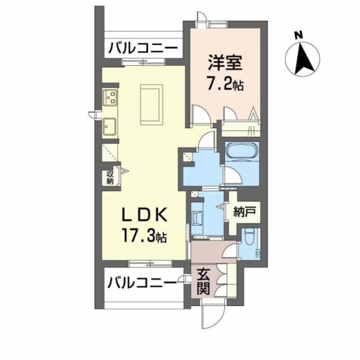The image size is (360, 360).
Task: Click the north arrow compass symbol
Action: (303, 59)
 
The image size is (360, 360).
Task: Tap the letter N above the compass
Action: (300, 36)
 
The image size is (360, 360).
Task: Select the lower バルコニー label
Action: (142, 282)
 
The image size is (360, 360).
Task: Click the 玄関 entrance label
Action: (203, 281)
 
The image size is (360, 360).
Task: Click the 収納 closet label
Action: (109, 177)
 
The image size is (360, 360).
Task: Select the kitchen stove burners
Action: (111, 97)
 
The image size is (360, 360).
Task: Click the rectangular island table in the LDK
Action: (151, 104)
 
